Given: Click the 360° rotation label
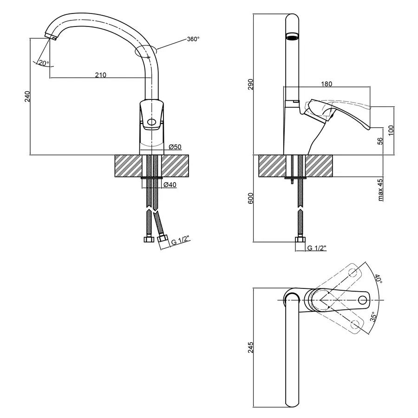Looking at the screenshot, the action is coord(193,39).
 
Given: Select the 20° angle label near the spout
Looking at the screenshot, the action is coord(44,63).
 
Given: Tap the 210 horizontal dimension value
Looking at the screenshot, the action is coord(100,75).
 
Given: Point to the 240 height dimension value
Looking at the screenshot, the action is coord(27,96).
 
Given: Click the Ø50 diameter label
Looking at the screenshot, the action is coord(175,147).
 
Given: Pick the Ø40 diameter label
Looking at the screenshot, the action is coord(170,184).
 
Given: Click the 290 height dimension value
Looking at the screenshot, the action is coord(251,84).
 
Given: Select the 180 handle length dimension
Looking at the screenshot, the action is coord(327,84).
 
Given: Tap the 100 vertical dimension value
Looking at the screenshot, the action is coord(391,130).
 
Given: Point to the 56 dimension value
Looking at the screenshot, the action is coord(380,141).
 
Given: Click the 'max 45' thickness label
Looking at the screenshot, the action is coord(380,190).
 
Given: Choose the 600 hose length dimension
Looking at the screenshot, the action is coord(251,198).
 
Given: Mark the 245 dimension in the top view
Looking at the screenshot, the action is coord(251,347).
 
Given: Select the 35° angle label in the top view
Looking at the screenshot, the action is coord(373,317).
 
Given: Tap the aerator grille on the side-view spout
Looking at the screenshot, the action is coord(292,37).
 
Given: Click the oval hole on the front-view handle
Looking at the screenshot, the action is coord(151,122).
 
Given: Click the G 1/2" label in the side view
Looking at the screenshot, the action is coord(317,248).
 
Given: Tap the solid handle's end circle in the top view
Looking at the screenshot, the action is coord(363,300).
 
